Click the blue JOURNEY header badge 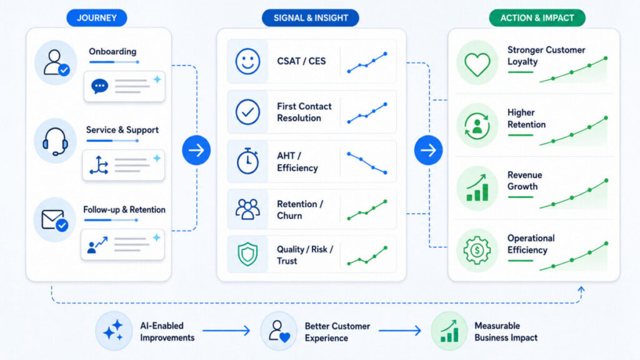(97, 18)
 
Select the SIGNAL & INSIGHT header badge (310, 18)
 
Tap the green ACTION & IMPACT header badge (537, 18)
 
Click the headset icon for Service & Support (55, 141)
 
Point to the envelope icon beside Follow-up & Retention (55, 221)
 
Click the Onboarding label (112, 51)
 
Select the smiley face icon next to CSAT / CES (247, 62)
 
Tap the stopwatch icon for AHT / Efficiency (247, 161)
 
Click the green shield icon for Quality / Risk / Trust (247, 254)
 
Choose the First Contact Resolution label (304, 112)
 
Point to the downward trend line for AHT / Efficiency (367, 163)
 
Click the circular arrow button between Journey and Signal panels (196, 150)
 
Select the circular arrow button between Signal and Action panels (428, 150)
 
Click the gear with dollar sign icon (477, 250)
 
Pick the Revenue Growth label (524, 181)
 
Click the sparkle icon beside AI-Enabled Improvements (114, 331)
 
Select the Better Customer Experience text (337, 332)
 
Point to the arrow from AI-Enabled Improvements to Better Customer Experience (226, 330)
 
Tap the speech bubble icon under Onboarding (99, 86)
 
